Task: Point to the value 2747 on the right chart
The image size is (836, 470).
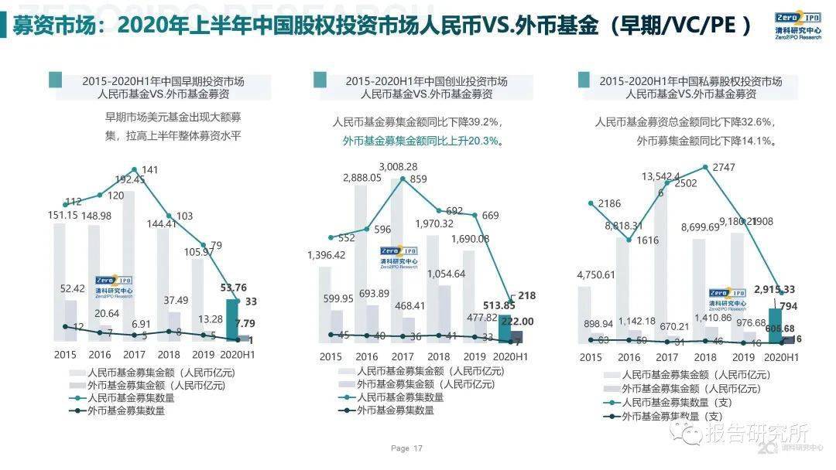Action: point(724,168)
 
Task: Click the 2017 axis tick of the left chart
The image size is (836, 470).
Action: point(134,356)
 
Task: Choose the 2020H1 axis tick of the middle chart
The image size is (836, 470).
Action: point(509,356)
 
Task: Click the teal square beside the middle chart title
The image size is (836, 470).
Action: point(319,80)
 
